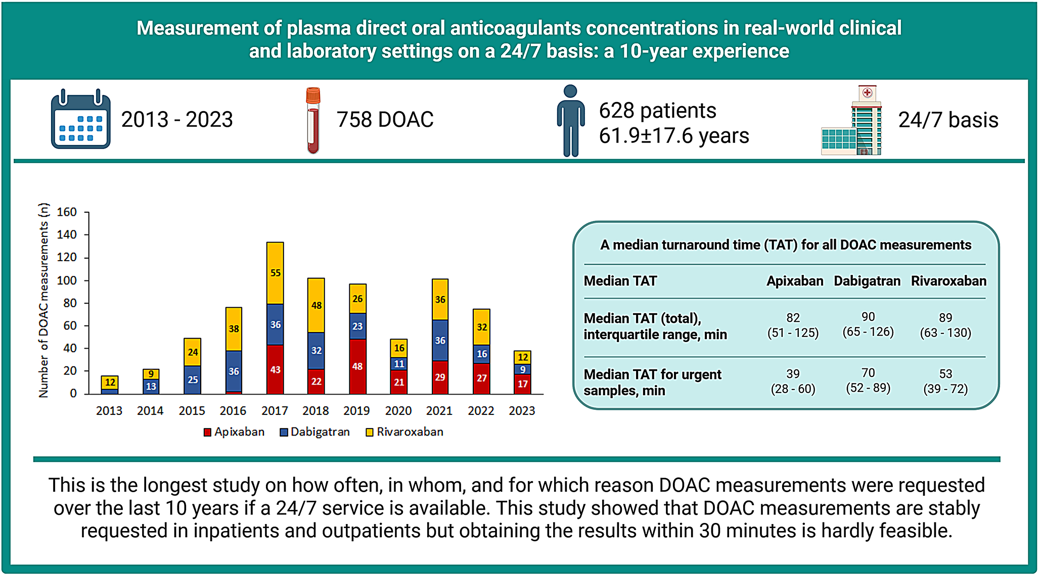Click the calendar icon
coord(80,119)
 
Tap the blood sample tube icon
coord(313,120)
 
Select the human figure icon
coord(570,120)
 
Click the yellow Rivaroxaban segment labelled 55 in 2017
coord(275,273)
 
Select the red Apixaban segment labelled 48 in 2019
coord(357,366)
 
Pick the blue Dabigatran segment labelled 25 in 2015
coord(193,379)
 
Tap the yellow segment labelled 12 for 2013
coord(110,382)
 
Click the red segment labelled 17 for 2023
coord(522,384)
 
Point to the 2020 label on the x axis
coord(398,411)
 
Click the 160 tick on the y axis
coord(67,212)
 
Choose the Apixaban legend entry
coord(234,432)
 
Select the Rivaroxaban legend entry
coord(404,432)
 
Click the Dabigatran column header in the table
coord(867,281)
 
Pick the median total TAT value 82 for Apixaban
coord(793,318)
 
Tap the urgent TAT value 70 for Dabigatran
coord(868,373)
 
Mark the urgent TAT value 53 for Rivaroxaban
coord(945,374)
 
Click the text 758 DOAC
coord(385,120)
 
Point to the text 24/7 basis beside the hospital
coord(948,120)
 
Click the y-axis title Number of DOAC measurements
coord(44,301)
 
